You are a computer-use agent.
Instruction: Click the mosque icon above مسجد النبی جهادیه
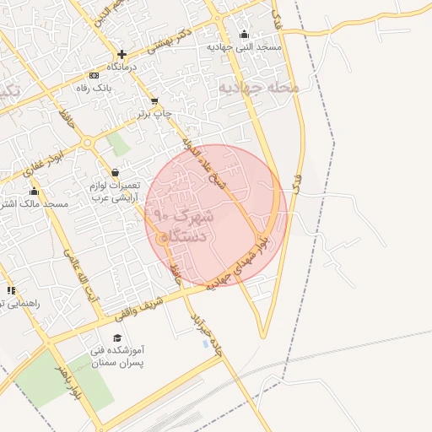(x=245, y=35)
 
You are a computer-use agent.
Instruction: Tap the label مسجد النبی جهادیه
(x=245, y=48)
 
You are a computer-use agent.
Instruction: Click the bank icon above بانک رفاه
(x=94, y=76)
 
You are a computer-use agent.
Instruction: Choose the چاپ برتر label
(x=155, y=113)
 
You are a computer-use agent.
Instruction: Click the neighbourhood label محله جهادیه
(x=259, y=87)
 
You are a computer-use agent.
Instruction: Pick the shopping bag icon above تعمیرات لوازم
(x=115, y=172)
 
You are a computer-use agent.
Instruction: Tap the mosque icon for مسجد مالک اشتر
(x=35, y=191)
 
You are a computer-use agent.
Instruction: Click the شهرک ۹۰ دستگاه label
(x=181, y=226)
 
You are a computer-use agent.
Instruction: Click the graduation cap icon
(x=116, y=337)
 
